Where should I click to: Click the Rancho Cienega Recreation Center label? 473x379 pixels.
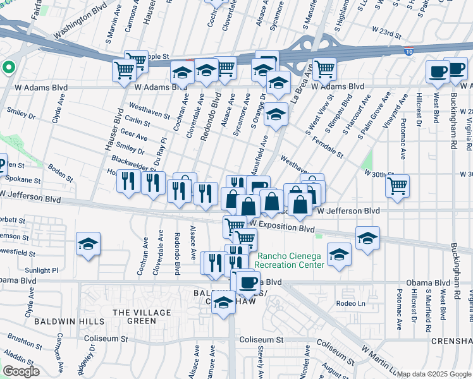tap(290, 260)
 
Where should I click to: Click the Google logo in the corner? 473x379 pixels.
tap(21, 371)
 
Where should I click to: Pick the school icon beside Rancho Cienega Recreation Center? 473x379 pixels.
tap(339, 255)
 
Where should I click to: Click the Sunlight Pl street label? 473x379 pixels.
tap(42, 270)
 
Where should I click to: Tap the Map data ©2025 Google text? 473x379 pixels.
tap(434, 374)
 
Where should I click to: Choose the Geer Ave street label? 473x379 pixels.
tap(133, 136)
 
